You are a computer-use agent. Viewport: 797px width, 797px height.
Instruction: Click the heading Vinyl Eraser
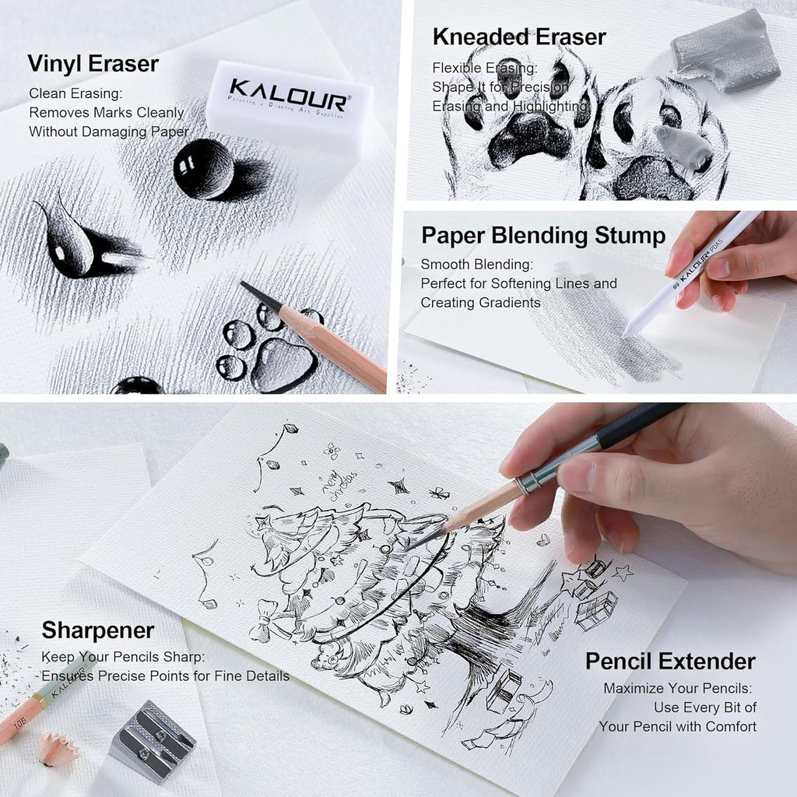tap(93, 64)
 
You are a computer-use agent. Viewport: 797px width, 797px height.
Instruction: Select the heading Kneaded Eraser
tap(519, 37)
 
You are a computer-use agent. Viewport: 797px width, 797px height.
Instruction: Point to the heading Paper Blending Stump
tap(543, 236)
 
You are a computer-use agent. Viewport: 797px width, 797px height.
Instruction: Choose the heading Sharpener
tap(98, 630)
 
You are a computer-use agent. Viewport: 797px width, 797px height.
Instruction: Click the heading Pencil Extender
tap(670, 662)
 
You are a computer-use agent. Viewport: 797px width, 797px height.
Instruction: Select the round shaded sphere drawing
tap(204, 169)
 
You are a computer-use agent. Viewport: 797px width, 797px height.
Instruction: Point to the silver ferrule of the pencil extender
tap(529, 481)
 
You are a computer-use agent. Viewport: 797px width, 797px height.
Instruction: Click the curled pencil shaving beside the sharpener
tap(58, 748)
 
